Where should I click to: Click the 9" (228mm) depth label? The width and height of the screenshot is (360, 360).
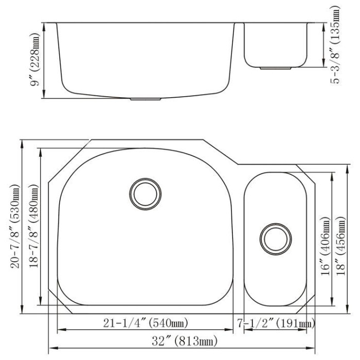(x=35, y=60)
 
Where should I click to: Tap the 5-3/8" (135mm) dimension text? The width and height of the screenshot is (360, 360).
(x=335, y=45)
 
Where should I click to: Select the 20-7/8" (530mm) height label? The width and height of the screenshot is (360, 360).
(x=15, y=226)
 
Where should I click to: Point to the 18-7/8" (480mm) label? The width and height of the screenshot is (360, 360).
(x=34, y=226)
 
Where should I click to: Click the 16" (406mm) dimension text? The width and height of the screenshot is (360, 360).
(x=326, y=246)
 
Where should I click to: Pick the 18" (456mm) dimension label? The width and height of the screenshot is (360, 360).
(x=340, y=246)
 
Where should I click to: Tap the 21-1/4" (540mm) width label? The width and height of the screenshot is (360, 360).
(x=146, y=323)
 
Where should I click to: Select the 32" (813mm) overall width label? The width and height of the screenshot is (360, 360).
(x=184, y=341)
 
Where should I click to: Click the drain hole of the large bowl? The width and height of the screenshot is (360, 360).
(x=146, y=194)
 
